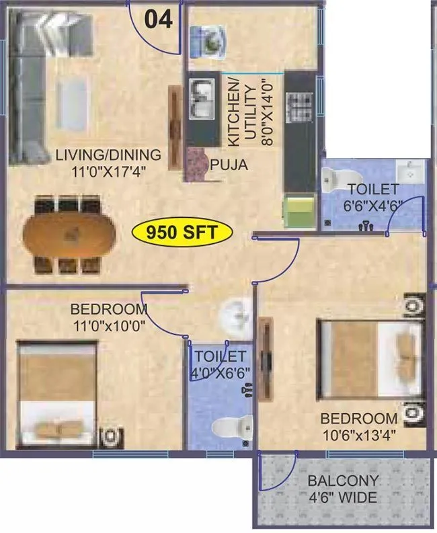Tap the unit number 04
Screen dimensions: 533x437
pyautogui.click(x=159, y=18)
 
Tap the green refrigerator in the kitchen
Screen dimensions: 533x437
pyautogui.click(x=299, y=209)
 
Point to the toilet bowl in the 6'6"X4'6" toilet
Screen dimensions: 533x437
pyautogui.click(x=331, y=178)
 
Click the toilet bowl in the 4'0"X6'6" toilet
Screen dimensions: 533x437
pyautogui.click(x=231, y=426)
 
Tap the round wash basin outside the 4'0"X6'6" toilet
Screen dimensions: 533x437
pyautogui.click(x=236, y=313)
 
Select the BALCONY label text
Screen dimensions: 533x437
pyautogui.click(x=343, y=481)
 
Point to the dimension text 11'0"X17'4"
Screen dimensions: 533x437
pyautogui.click(x=108, y=171)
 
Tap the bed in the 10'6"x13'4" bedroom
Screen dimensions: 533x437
pyautogui.click(x=370, y=356)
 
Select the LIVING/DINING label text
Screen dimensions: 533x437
pyautogui.click(x=108, y=155)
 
